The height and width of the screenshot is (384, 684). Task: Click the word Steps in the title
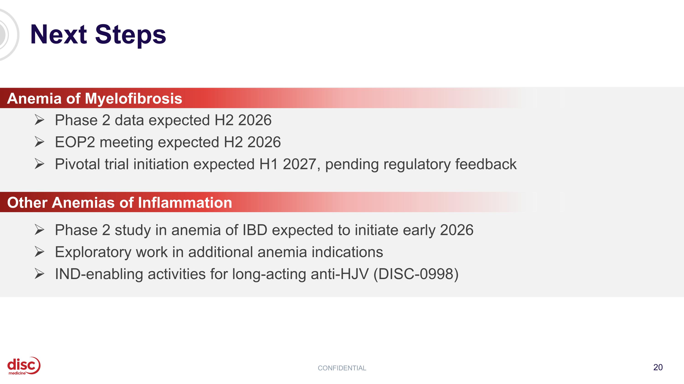[x=130, y=35]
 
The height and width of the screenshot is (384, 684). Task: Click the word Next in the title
[x=58, y=35]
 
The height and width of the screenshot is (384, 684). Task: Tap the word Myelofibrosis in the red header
[x=133, y=99]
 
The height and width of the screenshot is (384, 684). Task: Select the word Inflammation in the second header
[x=185, y=203]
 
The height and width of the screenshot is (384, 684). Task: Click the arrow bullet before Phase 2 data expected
[x=39, y=120]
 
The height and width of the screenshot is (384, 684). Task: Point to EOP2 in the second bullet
[x=75, y=142]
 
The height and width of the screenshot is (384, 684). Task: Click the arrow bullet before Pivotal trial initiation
[x=39, y=164]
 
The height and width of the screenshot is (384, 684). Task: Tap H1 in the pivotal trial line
[x=268, y=164]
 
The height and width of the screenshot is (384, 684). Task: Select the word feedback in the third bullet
[x=486, y=164]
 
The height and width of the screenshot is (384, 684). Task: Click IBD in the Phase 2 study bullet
[x=255, y=230]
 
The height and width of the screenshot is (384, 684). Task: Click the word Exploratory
[x=93, y=252]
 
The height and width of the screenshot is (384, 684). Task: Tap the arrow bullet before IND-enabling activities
[x=39, y=274]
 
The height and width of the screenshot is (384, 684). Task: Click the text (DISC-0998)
[x=416, y=274]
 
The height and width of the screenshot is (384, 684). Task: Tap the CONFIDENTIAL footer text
[x=342, y=368]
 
